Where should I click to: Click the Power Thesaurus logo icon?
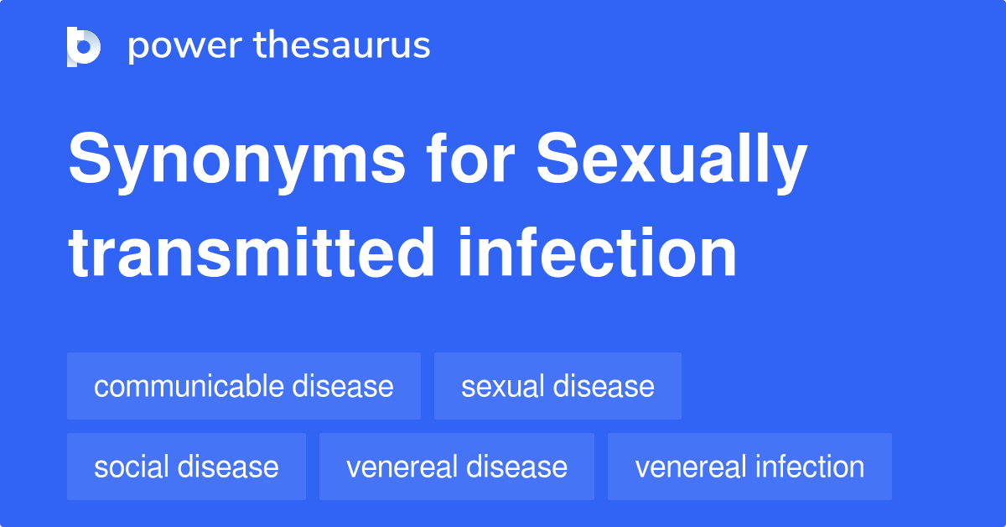click(84, 46)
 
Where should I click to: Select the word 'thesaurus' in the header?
click(342, 46)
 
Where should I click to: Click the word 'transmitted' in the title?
click(251, 253)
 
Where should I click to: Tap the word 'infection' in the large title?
click(598, 253)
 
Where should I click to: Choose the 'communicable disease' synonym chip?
click(244, 386)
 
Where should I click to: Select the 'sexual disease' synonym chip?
click(557, 386)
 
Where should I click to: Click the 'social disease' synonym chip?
click(186, 467)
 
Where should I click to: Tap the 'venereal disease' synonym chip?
click(457, 467)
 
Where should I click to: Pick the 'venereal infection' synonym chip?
click(749, 467)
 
